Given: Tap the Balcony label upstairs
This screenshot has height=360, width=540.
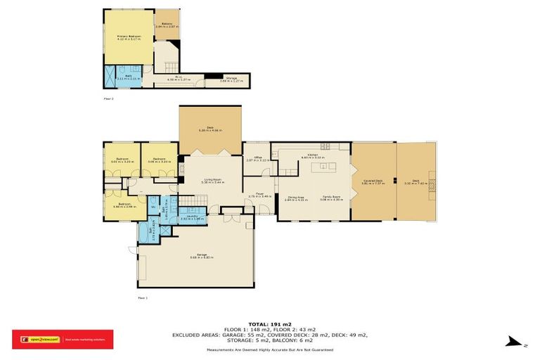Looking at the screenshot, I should tap(167, 25).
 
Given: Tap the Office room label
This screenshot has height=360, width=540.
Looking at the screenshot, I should tap(253, 158).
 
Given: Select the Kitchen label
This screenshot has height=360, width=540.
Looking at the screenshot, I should tap(311, 156).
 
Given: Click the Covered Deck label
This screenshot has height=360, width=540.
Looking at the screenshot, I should tap(373, 181).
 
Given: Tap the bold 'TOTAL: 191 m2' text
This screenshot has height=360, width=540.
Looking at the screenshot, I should tap(270, 324).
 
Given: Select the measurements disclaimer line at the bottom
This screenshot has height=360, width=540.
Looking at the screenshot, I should tap(270, 349).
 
